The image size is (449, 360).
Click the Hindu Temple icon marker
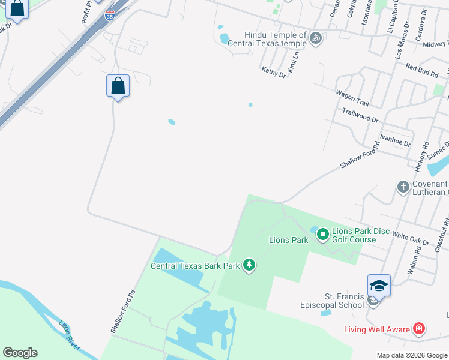[x=316, y=39]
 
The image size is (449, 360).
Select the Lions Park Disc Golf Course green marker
[x=322, y=234]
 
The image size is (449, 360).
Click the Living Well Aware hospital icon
[x=419, y=329]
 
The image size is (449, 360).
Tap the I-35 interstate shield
[x=109, y=16]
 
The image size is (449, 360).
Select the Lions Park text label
[x=288, y=240]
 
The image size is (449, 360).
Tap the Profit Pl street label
[x=87, y=12]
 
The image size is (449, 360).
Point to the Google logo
[x=20, y=353]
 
